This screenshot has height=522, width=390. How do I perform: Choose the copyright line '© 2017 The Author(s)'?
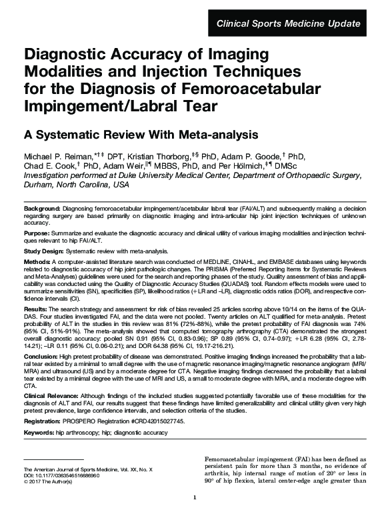pos(51,482)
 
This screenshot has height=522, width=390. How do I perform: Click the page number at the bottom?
pos(194,517)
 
